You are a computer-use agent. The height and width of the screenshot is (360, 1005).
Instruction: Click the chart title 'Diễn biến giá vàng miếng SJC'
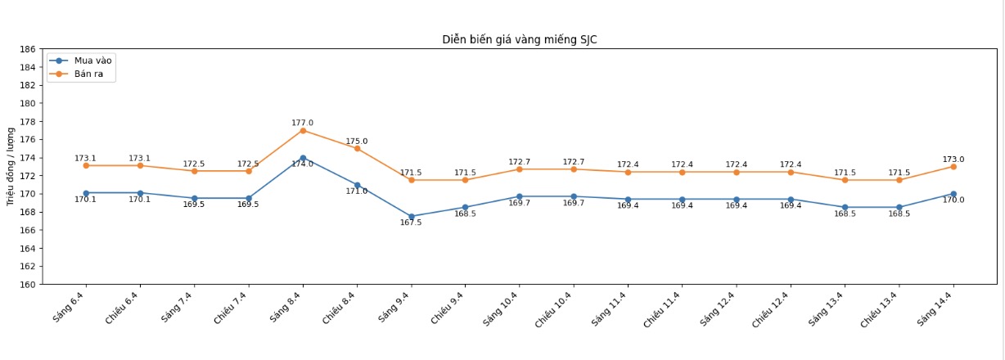[519, 39]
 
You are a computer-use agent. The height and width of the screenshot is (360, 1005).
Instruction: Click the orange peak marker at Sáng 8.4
[303, 130]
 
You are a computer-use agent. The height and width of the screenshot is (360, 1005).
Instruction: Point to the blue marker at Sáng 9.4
[411, 217]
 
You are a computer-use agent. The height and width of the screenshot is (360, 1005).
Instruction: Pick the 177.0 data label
[303, 123]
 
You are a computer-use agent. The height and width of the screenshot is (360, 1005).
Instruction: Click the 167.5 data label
[411, 223]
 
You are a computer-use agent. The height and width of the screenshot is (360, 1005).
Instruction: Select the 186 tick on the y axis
[27, 49]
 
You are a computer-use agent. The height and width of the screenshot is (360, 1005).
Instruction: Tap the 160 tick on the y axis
[27, 285]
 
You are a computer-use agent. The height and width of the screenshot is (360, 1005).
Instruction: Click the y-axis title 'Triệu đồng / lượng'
[10, 167]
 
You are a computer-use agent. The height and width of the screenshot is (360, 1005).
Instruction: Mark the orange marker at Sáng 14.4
[953, 167]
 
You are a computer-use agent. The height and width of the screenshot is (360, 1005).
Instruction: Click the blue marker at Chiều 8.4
[357, 185]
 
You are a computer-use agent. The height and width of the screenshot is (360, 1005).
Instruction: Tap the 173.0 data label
[953, 160]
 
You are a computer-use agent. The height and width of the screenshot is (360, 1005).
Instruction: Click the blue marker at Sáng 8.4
[303, 158]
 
